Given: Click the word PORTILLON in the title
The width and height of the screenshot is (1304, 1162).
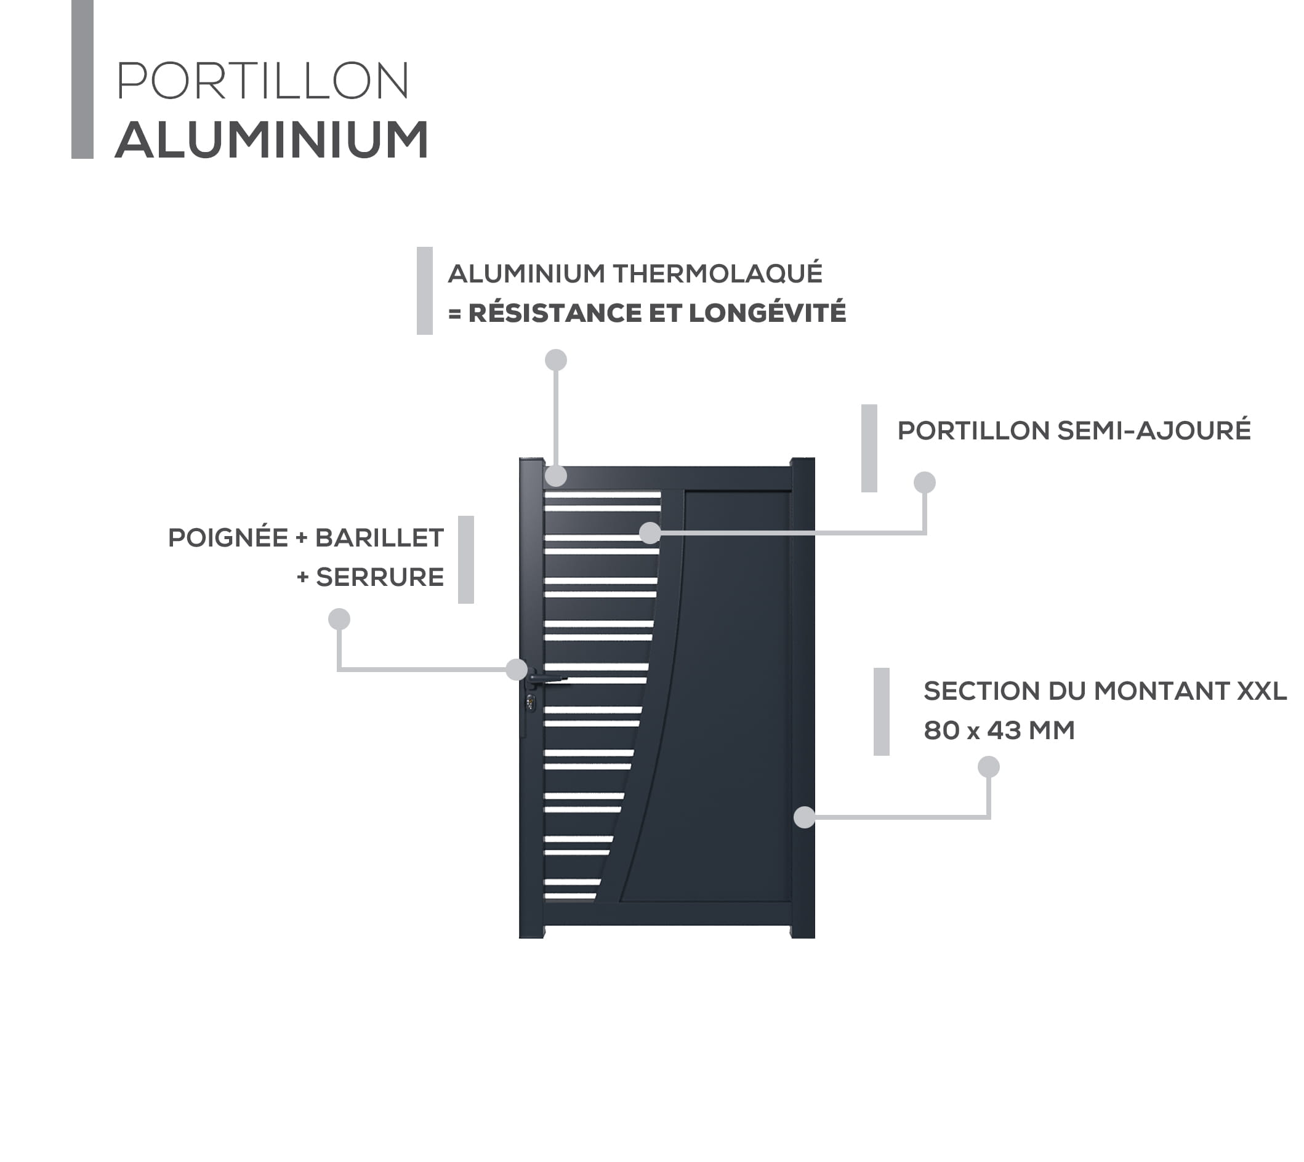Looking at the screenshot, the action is click(x=262, y=81).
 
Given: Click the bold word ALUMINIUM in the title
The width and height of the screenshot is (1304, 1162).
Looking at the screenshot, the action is click(x=272, y=140).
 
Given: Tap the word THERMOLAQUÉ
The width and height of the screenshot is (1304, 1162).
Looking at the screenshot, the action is click(x=718, y=273).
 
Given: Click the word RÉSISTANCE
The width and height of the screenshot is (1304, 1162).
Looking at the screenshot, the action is click(x=555, y=312).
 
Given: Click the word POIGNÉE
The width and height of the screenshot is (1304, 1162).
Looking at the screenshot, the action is click(x=228, y=537).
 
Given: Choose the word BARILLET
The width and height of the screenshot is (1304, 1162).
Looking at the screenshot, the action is click(x=379, y=538).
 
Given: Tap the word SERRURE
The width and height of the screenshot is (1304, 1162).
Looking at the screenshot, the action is click(x=380, y=577).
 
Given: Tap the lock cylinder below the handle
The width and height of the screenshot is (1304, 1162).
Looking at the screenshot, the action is click(x=531, y=703).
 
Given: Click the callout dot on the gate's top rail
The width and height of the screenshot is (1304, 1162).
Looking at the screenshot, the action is click(x=556, y=476).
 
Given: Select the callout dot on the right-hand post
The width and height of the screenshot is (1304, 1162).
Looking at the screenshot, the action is click(x=805, y=817).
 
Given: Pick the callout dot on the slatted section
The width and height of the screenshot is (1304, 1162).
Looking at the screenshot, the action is click(x=650, y=532).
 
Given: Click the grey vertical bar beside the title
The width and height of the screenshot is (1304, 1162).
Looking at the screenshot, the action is click(x=83, y=79).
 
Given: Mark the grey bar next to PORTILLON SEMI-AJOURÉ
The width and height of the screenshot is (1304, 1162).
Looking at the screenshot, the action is click(x=869, y=448).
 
